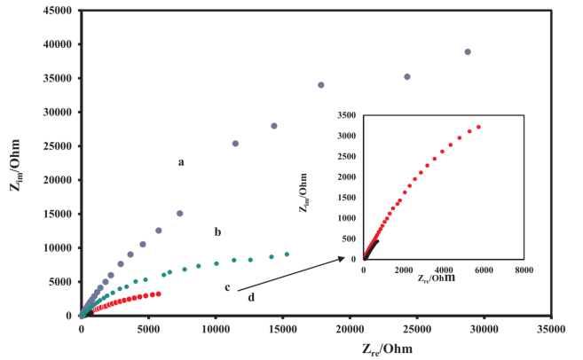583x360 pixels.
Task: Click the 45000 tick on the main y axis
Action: pyautogui.click(x=82, y=11)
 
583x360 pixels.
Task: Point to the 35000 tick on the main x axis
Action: pyautogui.click(x=551, y=316)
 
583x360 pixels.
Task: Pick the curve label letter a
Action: pyautogui.click(x=181, y=162)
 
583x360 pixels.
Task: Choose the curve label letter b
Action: pyautogui.click(x=217, y=231)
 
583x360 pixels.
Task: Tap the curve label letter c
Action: pyautogui.click(x=227, y=286)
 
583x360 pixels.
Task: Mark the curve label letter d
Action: pyautogui.click(x=251, y=297)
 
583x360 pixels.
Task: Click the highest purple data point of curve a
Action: pyautogui.click(x=468, y=52)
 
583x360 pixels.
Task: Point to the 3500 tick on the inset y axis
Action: pyautogui.click(x=364, y=115)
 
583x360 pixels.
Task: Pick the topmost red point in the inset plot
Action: pyautogui.click(x=478, y=127)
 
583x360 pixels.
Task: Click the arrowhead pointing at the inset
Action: pyautogui.click(x=345, y=258)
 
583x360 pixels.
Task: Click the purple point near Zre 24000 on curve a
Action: pyautogui.click(x=407, y=77)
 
